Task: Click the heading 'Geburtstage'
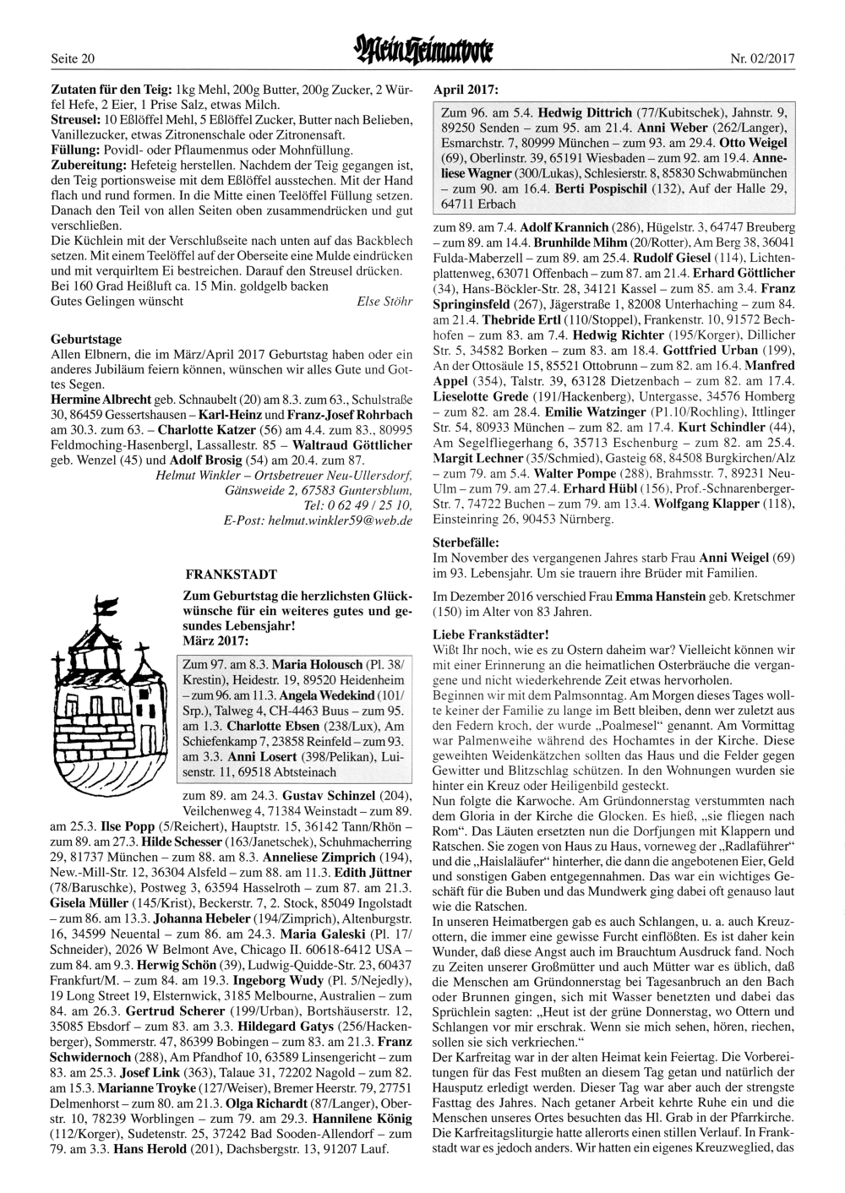click(x=86, y=340)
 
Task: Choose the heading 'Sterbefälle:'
click(x=466, y=542)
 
